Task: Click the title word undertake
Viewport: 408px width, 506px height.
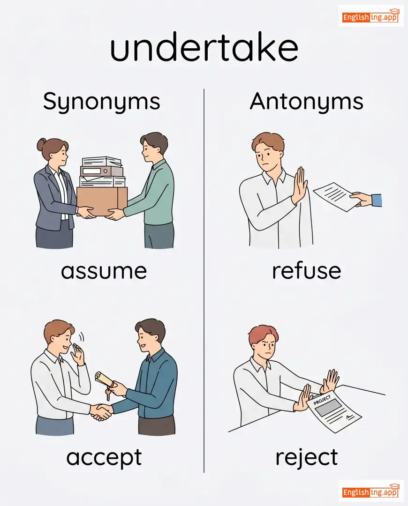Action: click(x=204, y=47)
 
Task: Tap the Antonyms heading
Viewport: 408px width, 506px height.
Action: click(x=307, y=101)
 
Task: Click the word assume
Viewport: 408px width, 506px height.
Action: click(x=104, y=271)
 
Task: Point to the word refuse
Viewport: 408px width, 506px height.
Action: click(x=307, y=270)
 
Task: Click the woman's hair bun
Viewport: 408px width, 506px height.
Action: click(x=42, y=144)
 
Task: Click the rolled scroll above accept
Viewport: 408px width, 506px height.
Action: click(x=104, y=379)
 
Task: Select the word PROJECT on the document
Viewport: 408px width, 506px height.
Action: click(x=322, y=400)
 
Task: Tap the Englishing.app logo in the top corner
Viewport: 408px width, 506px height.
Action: click(x=371, y=16)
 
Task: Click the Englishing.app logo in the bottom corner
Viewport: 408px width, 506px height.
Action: click(x=371, y=491)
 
